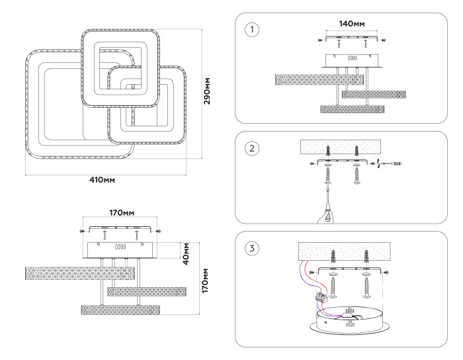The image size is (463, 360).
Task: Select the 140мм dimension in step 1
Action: pyautogui.click(x=352, y=24)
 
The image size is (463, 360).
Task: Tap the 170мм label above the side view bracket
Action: pyautogui.click(x=122, y=213)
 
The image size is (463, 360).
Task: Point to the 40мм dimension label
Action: pyautogui.click(x=186, y=252)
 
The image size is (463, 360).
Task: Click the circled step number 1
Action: pyautogui.click(x=251, y=30)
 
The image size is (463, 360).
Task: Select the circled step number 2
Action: pyautogui.click(x=251, y=148)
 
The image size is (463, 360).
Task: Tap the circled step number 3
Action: pyautogui.click(x=251, y=249)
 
